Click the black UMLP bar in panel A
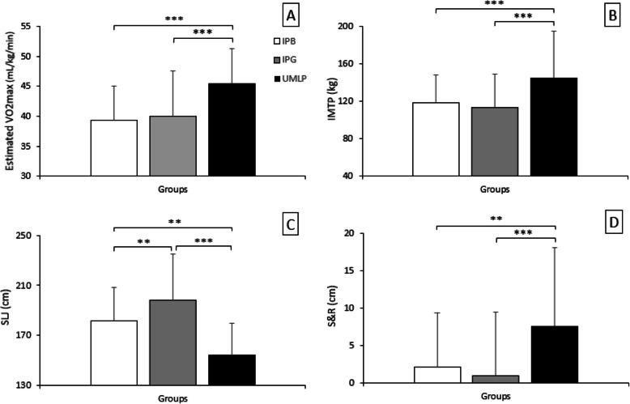pyautogui.click(x=232, y=130)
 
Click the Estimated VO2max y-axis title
pyautogui.click(x=8, y=100)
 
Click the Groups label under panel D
pyautogui.click(x=495, y=397)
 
